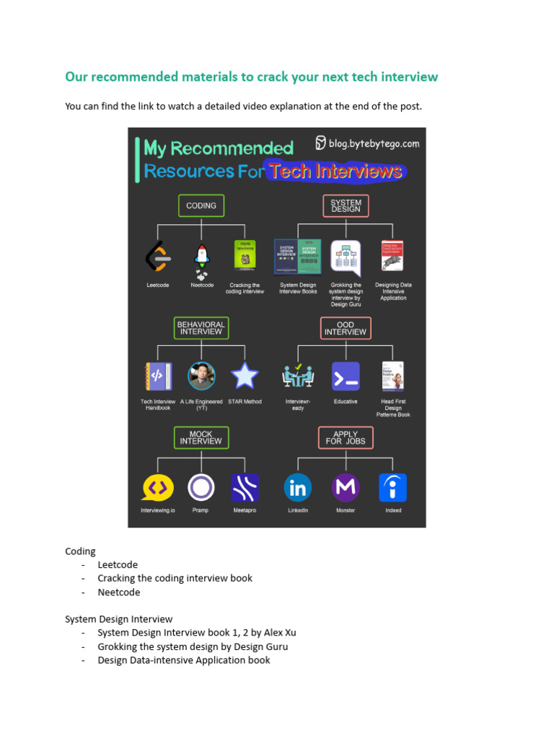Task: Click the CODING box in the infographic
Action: pyautogui.click(x=201, y=205)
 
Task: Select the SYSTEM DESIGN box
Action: pyautogui.click(x=346, y=205)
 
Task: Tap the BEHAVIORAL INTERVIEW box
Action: pyautogui.click(x=201, y=328)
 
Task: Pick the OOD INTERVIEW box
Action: pyautogui.click(x=346, y=328)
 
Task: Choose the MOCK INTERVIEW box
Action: pyautogui.click(x=201, y=437)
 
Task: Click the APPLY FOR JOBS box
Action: pyautogui.click(x=346, y=437)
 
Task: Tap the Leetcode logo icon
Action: pyautogui.click(x=158, y=257)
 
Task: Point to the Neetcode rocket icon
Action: pyautogui.click(x=201, y=260)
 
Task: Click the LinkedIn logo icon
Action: pyautogui.click(x=298, y=488)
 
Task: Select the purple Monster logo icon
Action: pyautogui.click(x=346, y=488)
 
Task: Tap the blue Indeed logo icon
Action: pyautogui.click(x=393, y=488)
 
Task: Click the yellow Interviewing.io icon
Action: pyautogui.click(x=157, y=488)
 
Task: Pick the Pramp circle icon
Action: pyautogui.click(x=201, y=488)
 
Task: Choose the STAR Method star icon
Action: pyautogui.click(x=245, y=375)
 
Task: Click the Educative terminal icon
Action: pyautogui.click(x=346, y=376)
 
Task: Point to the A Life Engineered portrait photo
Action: pyautogui.click(x=201, y=376)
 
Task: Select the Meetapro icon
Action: pyautogui.click(x=245, y=488)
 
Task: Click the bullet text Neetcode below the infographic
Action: pyautogui.click(x=119, y=592)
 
